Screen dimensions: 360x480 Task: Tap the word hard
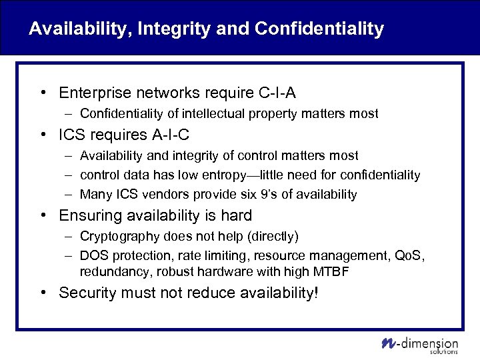(237, 215)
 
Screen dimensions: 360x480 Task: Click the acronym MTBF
(333, 271)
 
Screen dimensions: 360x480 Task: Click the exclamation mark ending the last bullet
(315, 293)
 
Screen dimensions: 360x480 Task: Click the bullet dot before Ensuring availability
(42, 216)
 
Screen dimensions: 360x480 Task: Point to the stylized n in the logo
(389, 343)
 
